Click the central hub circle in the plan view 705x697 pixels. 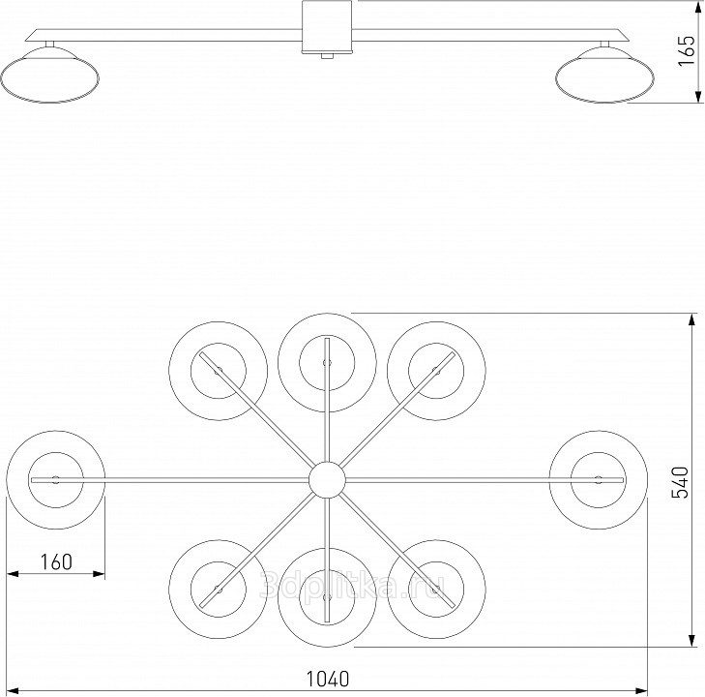click(x=326, y=479)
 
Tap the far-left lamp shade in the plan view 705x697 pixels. click(x=55, y=479)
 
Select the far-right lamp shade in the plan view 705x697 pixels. click(x=598, y=479)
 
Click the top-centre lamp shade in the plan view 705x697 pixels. click(x=327, y=361)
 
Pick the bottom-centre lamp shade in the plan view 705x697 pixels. click(x=327, y=596)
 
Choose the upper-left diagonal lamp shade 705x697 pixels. click(x=218, y=371)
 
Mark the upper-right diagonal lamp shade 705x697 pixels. click(x=435, y=371)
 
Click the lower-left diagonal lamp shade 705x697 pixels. click(x=218, y=588)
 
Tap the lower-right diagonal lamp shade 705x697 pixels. click(x=435, y=588)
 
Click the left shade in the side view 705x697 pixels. click(x=53, y=76)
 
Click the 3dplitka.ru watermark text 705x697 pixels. click(x=352, y=584)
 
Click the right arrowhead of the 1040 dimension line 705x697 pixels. click(x=643, y=690)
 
